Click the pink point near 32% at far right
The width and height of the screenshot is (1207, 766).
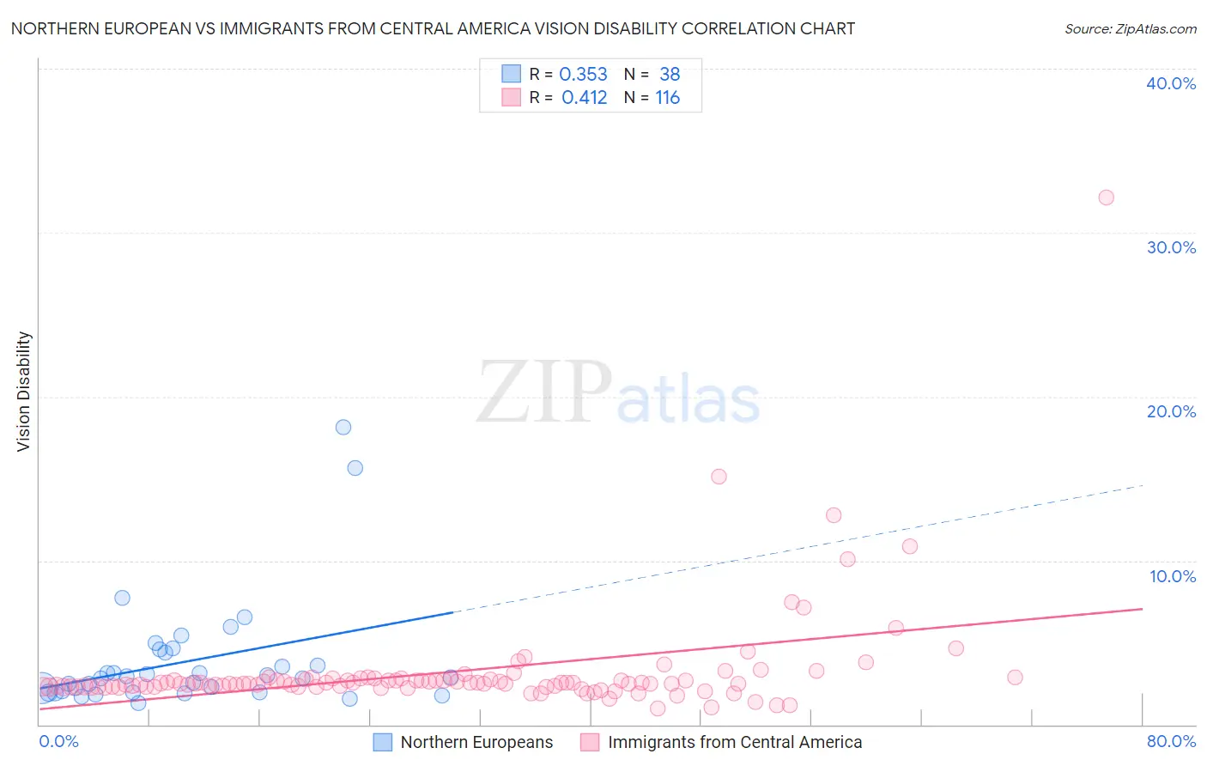1106,198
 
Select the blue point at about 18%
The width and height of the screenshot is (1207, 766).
343,427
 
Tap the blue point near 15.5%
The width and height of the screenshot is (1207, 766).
355,468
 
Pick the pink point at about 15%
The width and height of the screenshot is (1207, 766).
719,477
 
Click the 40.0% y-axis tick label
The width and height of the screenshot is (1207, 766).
1171,83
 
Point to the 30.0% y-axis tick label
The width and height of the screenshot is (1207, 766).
1171,247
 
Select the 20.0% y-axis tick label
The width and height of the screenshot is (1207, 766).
1171,411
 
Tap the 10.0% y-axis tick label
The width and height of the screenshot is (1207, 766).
1172,576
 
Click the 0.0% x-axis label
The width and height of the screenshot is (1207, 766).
59,741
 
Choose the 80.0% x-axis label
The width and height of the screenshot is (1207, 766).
1171,741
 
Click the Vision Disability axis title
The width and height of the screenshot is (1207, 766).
24,392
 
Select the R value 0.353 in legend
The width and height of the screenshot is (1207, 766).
583,75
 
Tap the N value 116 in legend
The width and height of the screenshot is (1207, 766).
667,98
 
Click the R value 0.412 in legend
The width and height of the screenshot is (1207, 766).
584,98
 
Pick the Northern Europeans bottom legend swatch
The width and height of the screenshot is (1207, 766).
383,742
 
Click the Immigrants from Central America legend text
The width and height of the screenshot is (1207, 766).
735,742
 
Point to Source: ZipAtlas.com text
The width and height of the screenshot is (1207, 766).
1130,29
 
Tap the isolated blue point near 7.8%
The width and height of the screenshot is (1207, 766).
122,598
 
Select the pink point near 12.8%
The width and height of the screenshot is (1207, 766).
833,515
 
